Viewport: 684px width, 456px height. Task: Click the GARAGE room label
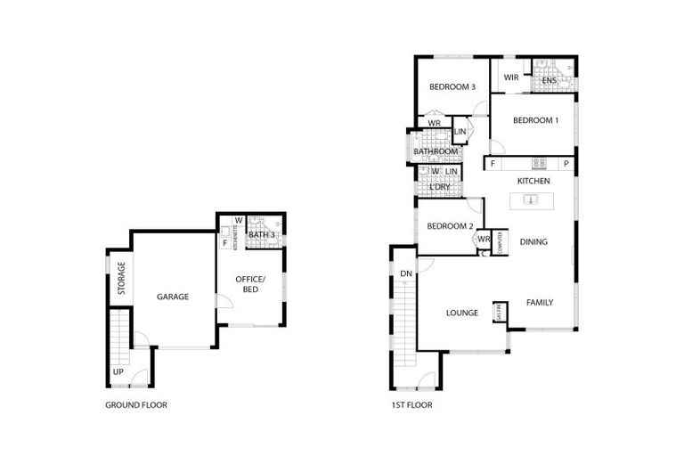pyautogui.click(x=173, y=297)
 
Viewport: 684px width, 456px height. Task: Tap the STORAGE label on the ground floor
pyautogui.click(x=122, y=279)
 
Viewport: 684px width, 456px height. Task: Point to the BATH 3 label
pyautogui.click(x=262, y=235)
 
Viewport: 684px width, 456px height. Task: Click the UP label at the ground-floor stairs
pyautogui.click(x=118, y=371)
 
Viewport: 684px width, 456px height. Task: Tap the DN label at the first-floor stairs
pyautogui.click(x=405, y=273)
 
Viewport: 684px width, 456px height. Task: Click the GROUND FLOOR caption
pyautogui.click(x=135, y=404)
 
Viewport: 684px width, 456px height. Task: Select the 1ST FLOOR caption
pyautogui.click(x=411, y=404)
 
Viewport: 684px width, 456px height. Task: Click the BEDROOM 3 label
pyautogui.click(x=452, y=87)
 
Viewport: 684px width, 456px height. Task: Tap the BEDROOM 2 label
pyautogui.click(x=449, y=226)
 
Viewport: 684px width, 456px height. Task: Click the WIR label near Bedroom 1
pyautogui.click(x=510, y=77)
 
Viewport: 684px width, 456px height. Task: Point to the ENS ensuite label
pyautogui.click(x=550, y=81)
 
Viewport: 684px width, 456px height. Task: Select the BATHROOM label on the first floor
pyautogui.click(x=436, y=152)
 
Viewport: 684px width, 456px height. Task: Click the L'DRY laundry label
pyautogui.click(x=438, y=187)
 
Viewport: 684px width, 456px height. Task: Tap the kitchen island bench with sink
pyautogui.click(x=531, y=200)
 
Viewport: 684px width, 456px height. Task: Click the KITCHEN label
pyautogui.click(x=533, y=181)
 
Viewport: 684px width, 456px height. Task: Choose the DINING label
pyautogui.click(x=533, y=241)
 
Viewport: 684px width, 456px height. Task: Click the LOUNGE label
pyautogui.click(x=462, y=313)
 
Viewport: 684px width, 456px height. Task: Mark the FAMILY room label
pyautogui.click(x=539, y=303)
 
